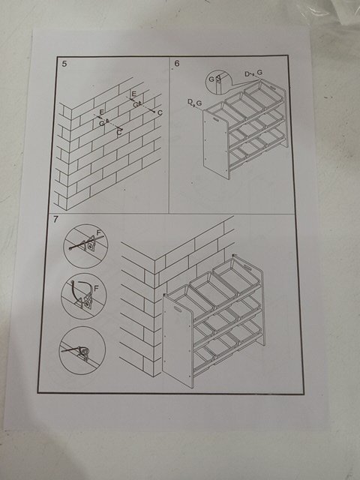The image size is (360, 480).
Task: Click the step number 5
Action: coord(64,64)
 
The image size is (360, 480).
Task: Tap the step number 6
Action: coord(177,63)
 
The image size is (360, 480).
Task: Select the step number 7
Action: coord(55,220)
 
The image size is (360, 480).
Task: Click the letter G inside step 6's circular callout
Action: coord(211,79)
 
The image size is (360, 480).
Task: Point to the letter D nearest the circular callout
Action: coord(247,73)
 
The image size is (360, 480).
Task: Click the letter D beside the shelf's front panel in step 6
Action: coord(190,102)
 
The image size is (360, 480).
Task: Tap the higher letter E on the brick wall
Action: coord(133,94)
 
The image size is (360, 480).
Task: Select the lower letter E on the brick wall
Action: coord(101,112)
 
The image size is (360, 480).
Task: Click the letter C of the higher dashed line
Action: coord(160,112)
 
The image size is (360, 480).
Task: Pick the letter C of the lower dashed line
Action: coord(119,133)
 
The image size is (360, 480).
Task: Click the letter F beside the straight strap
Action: coord(98,233)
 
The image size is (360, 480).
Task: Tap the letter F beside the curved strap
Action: coord(96,288)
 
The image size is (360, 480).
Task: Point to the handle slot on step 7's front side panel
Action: coord(178,308)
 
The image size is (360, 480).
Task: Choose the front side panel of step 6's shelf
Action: coord(216,145)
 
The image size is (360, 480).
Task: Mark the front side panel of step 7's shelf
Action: coord(178,340)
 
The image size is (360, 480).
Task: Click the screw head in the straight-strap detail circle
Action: coord(90,246)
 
